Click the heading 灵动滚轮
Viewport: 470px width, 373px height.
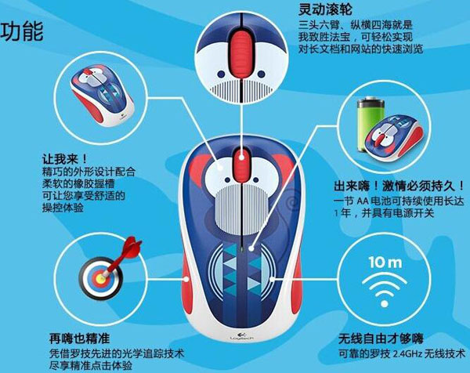(325, 9)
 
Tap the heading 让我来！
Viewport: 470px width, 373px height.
(65, 158)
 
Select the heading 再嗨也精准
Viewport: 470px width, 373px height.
(79, 339)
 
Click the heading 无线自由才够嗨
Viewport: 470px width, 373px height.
(381, 339)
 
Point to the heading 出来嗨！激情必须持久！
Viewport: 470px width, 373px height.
(399, 186)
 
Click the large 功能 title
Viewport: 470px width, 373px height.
(22, 31)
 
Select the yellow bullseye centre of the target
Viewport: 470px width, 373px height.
(101, 278)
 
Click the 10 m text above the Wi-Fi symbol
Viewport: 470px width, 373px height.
(385, 262)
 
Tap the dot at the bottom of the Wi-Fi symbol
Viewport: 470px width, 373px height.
(385, 304)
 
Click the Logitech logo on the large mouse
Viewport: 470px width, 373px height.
(241, 336)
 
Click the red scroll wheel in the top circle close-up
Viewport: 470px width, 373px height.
(241, 55)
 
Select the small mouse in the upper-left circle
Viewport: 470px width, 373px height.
(102, 96)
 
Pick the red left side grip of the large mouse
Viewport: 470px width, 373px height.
(186, 281)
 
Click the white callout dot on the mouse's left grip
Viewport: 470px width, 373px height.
(186, 279)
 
